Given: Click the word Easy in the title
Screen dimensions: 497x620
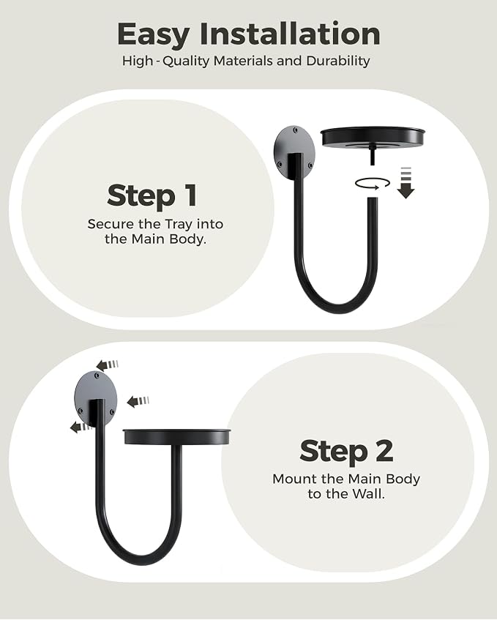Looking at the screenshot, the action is point(153,35).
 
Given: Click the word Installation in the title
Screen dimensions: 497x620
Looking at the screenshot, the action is point(290,34).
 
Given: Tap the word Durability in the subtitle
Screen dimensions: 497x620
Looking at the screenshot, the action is point(338,61).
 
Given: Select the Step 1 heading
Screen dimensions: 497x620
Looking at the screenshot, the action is point(152,195).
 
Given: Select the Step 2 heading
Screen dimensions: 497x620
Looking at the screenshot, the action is point(346,450).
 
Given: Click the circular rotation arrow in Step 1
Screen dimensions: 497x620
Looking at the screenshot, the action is point(373,183).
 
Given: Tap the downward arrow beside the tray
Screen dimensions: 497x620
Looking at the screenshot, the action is point(406,182).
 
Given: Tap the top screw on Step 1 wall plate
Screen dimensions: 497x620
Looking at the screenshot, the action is point(295,130).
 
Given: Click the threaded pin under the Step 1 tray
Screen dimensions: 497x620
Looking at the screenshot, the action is point(373,156).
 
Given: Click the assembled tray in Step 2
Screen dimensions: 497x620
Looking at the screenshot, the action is point(176,436).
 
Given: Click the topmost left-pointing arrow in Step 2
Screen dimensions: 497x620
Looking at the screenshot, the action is point(108,365).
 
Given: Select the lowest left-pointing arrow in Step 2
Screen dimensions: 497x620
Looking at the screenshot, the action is point(81,427).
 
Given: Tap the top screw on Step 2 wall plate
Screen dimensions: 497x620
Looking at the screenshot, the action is point(97,376).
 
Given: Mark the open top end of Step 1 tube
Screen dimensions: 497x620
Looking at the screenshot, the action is point(373,199).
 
